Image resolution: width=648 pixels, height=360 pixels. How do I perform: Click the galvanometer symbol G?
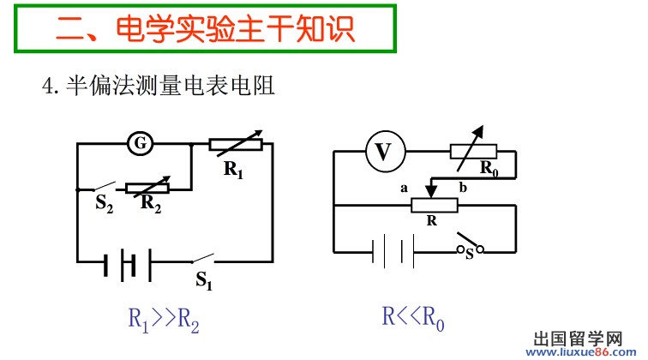[x=139, y=144]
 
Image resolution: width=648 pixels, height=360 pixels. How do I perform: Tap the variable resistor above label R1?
[x=235, y=144]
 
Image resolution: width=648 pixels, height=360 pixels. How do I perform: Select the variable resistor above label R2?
[x=147, y=188]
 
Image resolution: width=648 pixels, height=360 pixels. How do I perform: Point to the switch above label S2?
[x=104, y=186]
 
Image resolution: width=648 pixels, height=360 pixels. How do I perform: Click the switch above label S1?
[x=203, y=257]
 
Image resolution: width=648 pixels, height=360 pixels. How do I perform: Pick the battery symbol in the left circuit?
[x=129, y=261]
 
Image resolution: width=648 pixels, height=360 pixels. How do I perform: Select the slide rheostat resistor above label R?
[x=434, y=205]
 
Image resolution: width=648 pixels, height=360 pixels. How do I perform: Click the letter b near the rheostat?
[x=462, y=187]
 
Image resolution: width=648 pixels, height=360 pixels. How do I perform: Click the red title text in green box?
[x=205, y=29]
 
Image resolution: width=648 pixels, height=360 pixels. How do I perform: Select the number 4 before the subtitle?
[x=48, y=86]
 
